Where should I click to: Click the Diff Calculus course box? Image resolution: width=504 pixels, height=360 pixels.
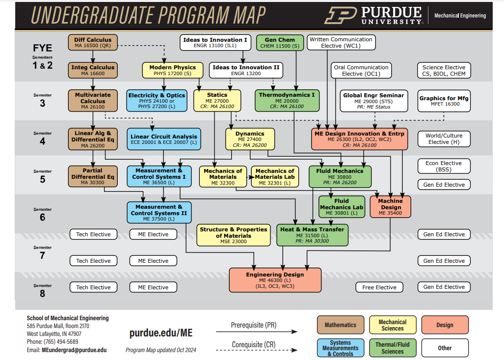93,42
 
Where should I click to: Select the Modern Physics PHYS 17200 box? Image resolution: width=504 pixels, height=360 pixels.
173,70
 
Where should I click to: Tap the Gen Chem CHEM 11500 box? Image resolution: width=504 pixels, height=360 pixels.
280,42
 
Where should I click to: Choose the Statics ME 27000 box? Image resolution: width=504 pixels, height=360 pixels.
217,101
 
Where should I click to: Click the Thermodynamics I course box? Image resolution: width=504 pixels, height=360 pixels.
287,101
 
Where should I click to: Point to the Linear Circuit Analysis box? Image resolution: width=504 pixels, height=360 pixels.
163,139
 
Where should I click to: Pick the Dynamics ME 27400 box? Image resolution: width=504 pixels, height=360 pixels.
250,139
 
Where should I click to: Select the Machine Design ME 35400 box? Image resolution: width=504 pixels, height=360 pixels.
390,207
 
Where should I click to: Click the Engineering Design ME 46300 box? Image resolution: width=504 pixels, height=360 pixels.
275,280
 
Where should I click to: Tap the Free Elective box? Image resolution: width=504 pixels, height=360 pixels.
379,287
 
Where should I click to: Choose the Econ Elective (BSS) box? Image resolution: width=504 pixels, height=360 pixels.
444,166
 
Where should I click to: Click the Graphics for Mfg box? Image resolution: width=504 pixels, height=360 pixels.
444,101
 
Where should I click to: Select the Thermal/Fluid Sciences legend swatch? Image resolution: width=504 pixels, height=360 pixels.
393,348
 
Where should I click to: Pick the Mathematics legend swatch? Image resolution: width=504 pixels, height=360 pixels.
341,325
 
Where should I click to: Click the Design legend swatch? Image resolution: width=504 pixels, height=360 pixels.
445,325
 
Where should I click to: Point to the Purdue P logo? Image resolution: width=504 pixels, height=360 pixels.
341,16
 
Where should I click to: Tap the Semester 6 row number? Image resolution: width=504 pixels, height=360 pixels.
42,217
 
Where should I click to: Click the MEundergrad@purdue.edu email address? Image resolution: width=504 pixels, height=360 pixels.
74,350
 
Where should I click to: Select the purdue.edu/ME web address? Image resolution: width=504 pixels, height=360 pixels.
160,332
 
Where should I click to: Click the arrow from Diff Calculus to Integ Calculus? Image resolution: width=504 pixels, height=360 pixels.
93,56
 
